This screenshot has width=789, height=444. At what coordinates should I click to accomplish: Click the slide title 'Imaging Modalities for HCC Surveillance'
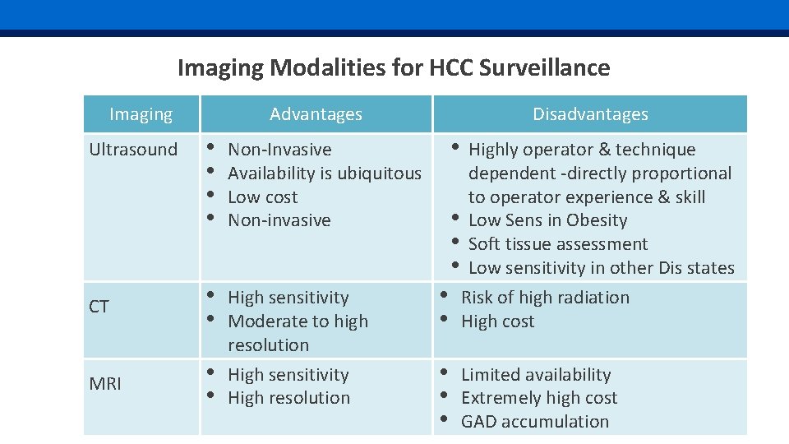pyautogui.click(x=394, y=67)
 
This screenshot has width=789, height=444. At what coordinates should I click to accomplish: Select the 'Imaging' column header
pyautogui.click(x=141, y=114)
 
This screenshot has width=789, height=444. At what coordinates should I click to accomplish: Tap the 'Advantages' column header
pyautogui.click(x=316, y=114)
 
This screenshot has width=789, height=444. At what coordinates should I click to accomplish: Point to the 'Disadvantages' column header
pyautogui.click(x=590, y=114)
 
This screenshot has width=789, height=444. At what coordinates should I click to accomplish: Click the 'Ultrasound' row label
pyautogui.click(x=133, y=150)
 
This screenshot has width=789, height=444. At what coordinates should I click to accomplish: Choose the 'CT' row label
pyautogui.click(x=99, y=308)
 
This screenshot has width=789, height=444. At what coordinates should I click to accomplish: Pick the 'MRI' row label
pyautogui.click(x=104, y=384)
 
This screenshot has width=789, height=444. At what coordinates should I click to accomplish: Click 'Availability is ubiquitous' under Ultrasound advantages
pyautogui.click(x=324, y=173)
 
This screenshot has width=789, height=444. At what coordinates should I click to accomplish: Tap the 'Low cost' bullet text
pyautogui.click(x=262, y=197)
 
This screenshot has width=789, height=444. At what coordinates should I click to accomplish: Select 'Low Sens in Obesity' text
pyautogui.click(x=547, y=220)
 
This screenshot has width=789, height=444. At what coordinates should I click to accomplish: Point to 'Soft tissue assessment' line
pyautogui.click(x=557, y=244)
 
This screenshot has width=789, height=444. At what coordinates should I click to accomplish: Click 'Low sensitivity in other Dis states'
pyautogui.click(x=601, y=268)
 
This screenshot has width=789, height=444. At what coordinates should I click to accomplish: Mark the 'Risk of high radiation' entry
pyautogui.click(x=545, y=298)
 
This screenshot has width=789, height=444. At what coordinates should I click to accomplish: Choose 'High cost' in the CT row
pyautogui.click(x=497, y=321)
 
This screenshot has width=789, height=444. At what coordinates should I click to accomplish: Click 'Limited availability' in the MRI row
pyautogui.click(x=536, y=375)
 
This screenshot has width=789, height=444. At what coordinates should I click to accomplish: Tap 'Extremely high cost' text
pyautogui.click(x=539, y=398)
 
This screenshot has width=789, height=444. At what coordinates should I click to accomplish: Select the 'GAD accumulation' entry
pyautogui.click(x=535, y=422)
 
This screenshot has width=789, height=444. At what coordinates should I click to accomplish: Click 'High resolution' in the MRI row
pyautogui.click(x=288, y=398)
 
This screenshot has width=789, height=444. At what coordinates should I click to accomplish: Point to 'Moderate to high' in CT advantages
pyautogui.click(x=298, y=321)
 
